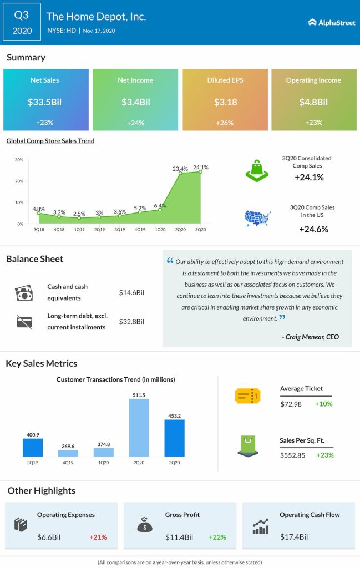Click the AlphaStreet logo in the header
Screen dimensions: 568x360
[328, 22]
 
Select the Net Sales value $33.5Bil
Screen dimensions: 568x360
[45, 102]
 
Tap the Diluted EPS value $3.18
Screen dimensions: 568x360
[225, 102]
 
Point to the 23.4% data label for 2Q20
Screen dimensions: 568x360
[179, 169]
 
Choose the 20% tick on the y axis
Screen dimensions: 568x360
[19, 181]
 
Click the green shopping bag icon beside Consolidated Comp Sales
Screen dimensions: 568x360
[257, 170]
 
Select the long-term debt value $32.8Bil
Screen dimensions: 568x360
[131, 322]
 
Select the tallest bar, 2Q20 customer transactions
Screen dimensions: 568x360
[139, 427]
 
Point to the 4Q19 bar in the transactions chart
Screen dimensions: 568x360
[68, 453]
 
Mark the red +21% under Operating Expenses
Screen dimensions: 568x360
[98, 537]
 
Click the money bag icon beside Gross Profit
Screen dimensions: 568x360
[145, 525]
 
